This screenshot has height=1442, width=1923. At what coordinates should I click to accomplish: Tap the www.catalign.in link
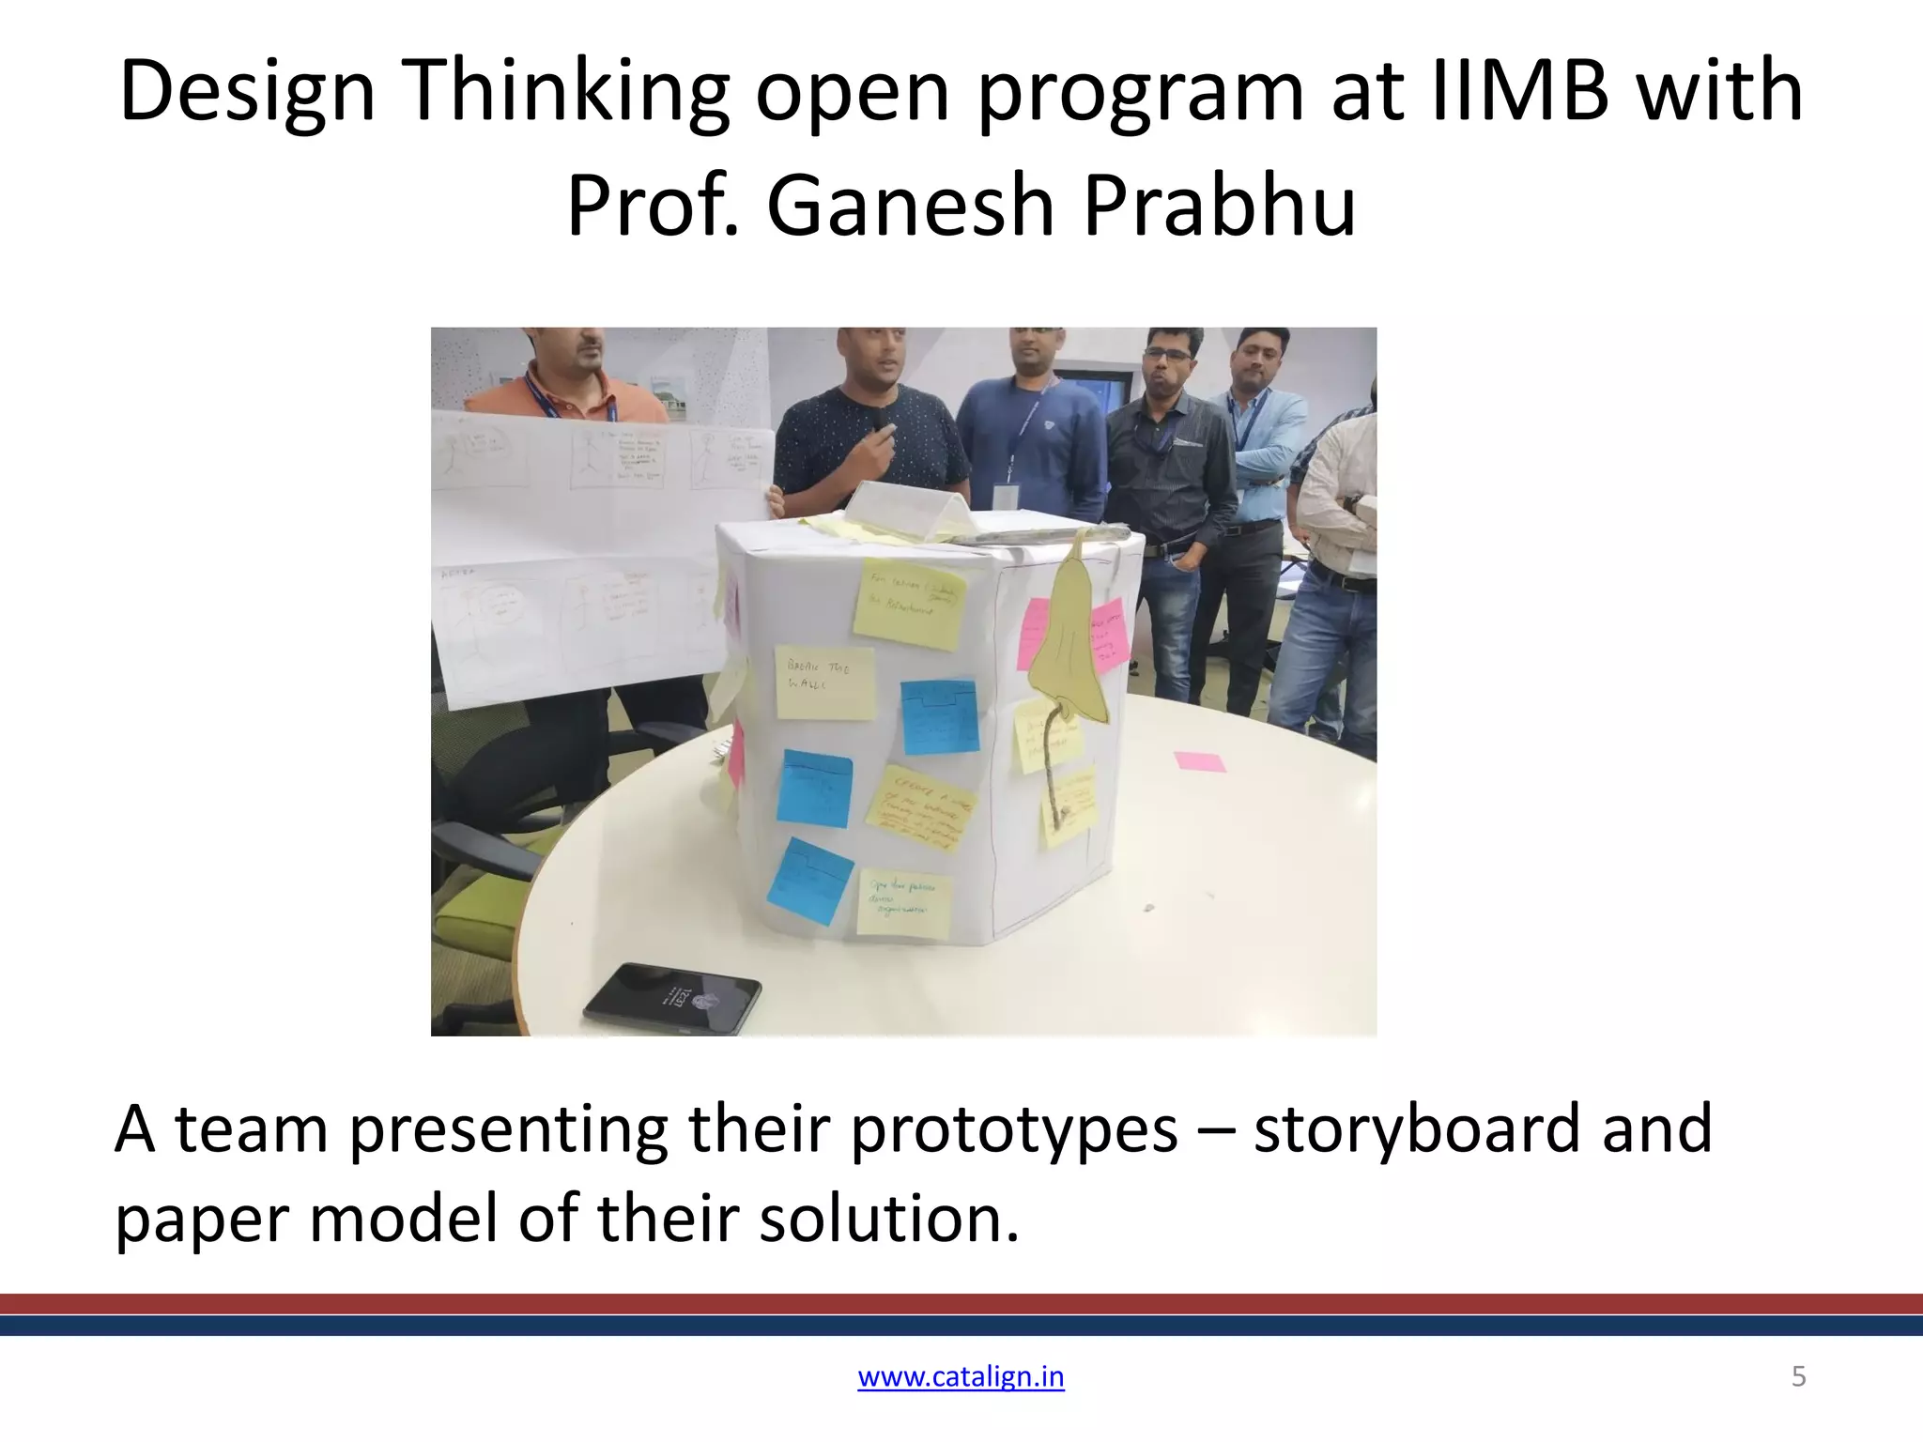point(961,1376)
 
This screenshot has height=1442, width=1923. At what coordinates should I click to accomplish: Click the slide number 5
point(1798,1376)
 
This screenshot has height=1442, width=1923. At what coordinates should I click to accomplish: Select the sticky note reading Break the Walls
point(823,682)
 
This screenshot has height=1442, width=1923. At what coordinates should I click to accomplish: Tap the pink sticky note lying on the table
point(1199,760)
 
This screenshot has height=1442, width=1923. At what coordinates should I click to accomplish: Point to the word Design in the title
point(248,93)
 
